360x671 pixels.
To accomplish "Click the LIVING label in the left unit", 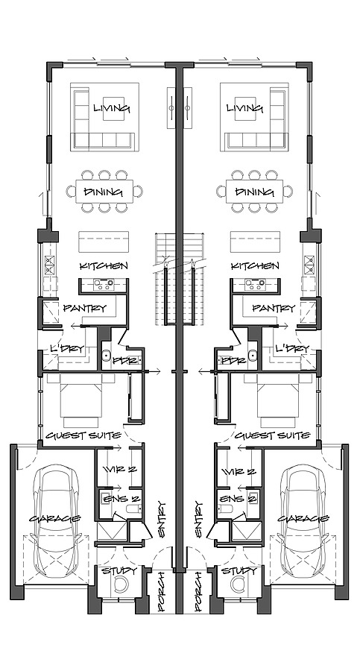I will tap(111, 109).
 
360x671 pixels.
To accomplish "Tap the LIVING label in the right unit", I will tap(245, 109).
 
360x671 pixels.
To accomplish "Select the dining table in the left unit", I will tap(104, 192).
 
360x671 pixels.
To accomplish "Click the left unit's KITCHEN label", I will tap(104, 266).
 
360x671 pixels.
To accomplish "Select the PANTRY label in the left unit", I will tap(84, 308).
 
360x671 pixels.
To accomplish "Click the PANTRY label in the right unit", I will tap(274, 308).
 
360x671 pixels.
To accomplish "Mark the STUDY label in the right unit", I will tap(239, 571).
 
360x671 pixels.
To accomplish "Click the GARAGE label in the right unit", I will tap(303, 519).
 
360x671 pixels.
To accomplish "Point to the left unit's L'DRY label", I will tap(66, 349).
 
